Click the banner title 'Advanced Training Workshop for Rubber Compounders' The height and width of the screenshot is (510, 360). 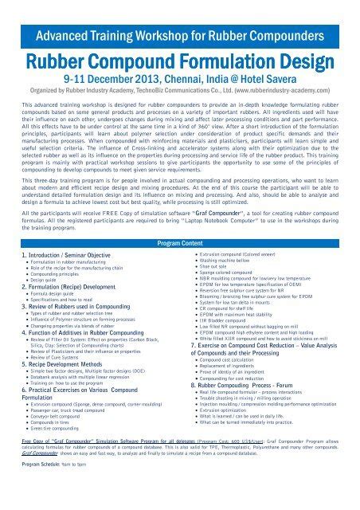pyautogui.click(x=180, y=15)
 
